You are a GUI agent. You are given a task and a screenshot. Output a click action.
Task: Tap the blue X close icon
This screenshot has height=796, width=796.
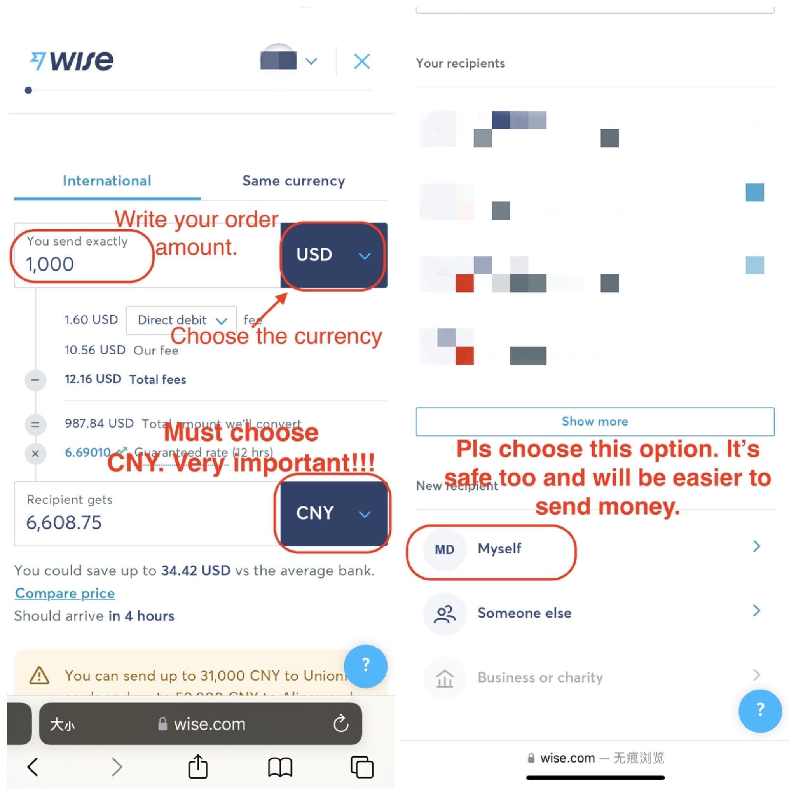362,61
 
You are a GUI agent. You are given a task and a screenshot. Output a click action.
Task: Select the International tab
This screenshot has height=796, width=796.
107,181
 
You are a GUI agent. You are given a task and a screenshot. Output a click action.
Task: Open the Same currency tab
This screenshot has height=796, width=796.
293,181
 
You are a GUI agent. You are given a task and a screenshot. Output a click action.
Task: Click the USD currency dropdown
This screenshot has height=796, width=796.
333,255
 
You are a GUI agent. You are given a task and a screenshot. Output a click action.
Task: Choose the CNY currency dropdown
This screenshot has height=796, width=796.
333,513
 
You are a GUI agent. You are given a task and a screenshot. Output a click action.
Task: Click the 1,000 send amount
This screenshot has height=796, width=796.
50,264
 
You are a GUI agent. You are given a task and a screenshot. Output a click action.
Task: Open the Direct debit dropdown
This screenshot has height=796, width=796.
181,320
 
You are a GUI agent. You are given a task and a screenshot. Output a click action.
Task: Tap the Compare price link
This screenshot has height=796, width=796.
65,593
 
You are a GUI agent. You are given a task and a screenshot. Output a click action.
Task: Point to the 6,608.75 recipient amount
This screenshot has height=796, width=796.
64,523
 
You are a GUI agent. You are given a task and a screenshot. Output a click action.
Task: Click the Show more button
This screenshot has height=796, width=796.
595,421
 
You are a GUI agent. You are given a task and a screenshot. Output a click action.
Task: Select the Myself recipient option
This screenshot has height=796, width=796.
499,549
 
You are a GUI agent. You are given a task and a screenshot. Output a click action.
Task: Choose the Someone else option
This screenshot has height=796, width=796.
524,613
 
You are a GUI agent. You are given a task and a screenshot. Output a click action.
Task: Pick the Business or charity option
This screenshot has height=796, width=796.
540,677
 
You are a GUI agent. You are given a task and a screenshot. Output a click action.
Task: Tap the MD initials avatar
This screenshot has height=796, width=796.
445,550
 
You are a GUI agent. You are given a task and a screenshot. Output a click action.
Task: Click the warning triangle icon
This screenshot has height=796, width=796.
40,676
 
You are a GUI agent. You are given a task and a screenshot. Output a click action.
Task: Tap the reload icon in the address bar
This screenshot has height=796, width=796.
341,723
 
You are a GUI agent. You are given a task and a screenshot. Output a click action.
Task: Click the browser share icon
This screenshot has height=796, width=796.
198,767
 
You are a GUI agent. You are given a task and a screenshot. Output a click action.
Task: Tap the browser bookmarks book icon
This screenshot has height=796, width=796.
280,767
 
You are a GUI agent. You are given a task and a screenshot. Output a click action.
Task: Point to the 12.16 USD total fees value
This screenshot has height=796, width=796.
93,379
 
